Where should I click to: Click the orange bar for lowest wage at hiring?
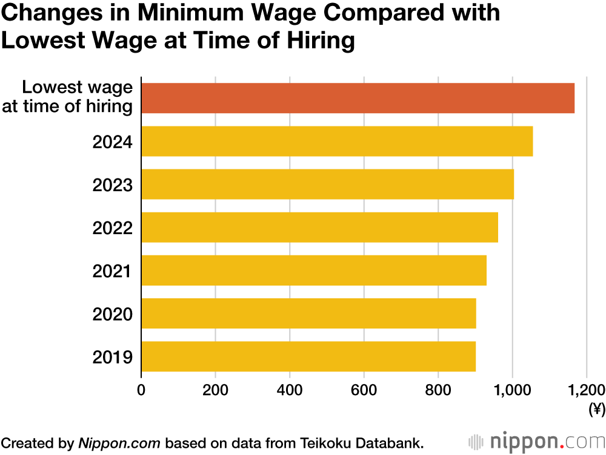click(358, 98)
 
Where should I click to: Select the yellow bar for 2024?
click(337, 142)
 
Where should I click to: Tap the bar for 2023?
click(327, 185)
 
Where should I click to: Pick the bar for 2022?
click(319, 227)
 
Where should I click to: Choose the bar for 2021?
click(314, 270)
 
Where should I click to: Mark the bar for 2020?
click(308, 313)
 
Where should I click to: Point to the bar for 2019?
click(308, 356)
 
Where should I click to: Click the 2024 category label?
click(112, 142)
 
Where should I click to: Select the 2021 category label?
click(112, 271)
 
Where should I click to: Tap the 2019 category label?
click(112, 357)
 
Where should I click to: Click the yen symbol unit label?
click(596, 410)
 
